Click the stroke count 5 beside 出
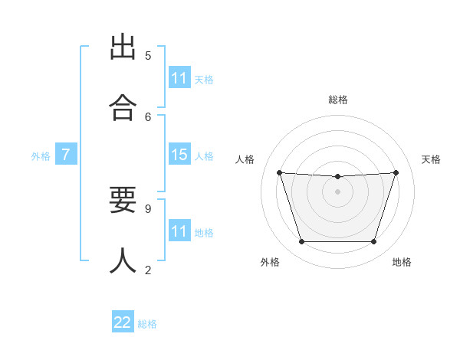pos(148,55)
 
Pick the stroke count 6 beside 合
pos(148,116)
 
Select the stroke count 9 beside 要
pos(148,208)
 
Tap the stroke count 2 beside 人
pos(148,270)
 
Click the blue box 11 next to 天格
pos(179,78)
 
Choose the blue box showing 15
pos(179,155)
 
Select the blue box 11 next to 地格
pos(179,231)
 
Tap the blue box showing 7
pos(66,155)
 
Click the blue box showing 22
pos(123,322)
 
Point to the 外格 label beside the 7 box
pos(41,155)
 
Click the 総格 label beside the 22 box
pos(147,323)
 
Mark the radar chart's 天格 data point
pos(396,172)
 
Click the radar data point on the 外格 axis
pos(301,241)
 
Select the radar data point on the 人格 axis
pos(279,172)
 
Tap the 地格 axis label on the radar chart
pos(402,262)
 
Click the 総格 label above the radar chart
pos(338,100)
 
